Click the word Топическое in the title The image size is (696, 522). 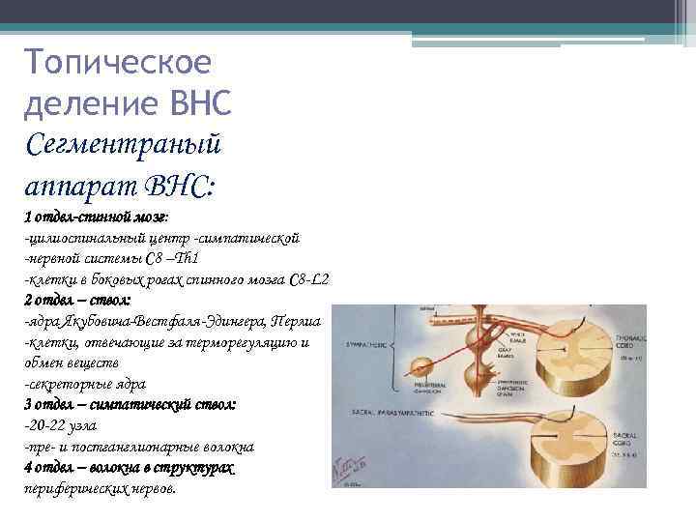tap(118, 63)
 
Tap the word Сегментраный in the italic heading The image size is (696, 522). tap(125, 143)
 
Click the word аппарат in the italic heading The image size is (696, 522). tap(80, 184)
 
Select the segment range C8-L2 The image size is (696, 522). tap(309, 279)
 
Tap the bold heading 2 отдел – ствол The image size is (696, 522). tap(81, 300)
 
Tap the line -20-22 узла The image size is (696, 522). tap(61, 425)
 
